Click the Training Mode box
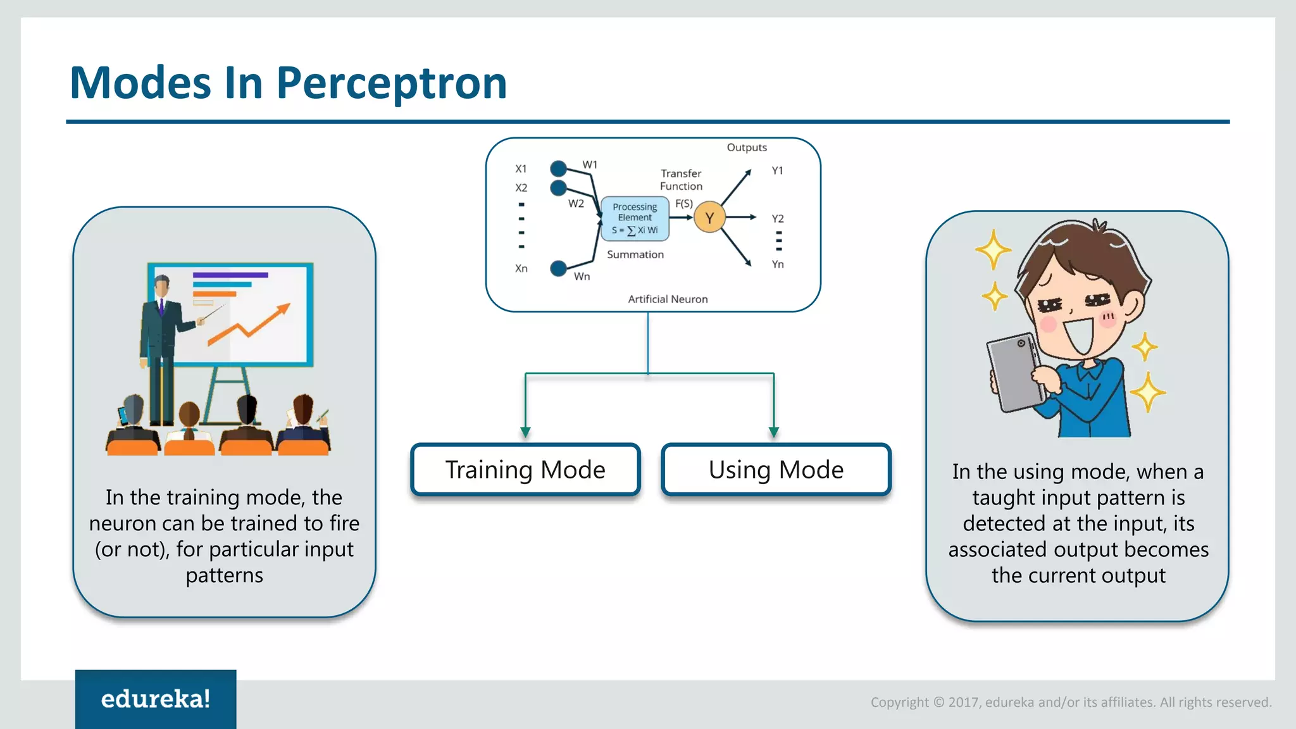[x=525, y=470]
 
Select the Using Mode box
[x=776, y=470]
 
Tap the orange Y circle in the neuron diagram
[x=709, y=218]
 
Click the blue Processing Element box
[x=635, y=218]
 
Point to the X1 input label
[x=521, y=169]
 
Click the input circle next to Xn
[x=558, y=268]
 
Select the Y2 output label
[x=778, y=219]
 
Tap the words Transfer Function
[x=681, y=180]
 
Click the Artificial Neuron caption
[x=668, y=299]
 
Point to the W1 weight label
[x=590, y=165]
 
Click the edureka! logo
[x=156, y=699]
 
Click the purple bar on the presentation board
[x=230, y=275]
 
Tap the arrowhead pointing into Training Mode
[x=525, y=432]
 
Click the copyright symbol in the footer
[x=938, y=702]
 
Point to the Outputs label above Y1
[x=747, y=147]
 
